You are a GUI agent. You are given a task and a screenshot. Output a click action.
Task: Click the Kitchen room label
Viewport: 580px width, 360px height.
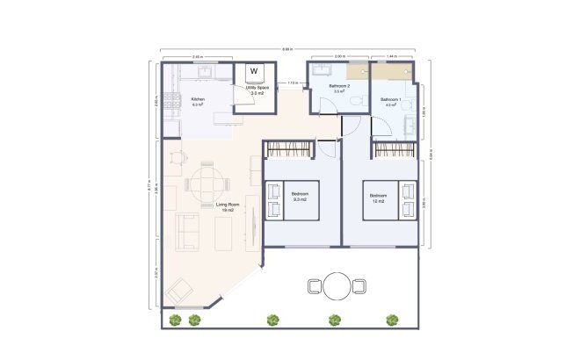click(198, 99)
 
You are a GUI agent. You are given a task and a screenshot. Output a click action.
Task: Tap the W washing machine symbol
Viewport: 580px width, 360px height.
click(254, 71)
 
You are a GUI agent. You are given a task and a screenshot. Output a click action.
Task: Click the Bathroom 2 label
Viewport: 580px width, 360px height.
click(339, 86)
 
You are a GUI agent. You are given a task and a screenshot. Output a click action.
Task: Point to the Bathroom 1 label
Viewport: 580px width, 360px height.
click(390, 99)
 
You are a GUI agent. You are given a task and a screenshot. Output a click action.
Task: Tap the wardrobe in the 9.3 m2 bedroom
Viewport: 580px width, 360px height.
click(288, 149)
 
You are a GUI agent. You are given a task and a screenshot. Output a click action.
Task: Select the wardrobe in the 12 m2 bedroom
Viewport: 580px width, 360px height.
click(395, 149)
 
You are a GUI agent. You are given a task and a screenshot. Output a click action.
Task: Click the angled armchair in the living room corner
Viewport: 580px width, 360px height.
click(181, 287)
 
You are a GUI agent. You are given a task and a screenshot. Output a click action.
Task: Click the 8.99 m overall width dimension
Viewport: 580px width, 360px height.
click(288, 48)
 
